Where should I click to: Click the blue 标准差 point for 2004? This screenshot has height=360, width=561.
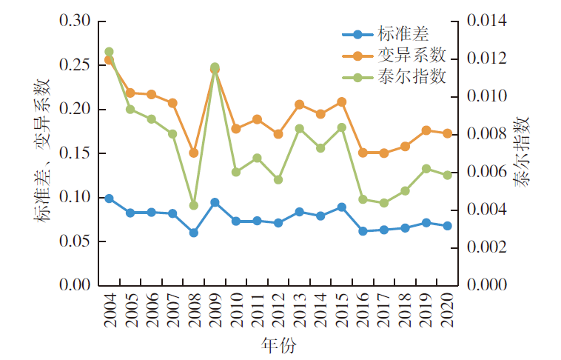point(109,199)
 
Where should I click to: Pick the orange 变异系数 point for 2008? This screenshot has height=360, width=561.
point(194,153)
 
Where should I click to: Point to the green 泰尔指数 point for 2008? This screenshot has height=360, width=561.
point(194,205)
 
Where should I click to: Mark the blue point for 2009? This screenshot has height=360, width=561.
point(215,202)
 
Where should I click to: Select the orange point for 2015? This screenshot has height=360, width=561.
point(342,101)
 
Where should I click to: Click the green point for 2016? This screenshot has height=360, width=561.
point(363,199)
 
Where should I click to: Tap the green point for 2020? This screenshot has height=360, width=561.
point(448,175)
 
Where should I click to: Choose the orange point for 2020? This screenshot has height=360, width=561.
point(448,133)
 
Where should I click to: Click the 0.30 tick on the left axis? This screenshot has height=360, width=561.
point(74,21)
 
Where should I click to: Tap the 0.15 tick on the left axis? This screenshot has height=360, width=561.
point(74,153)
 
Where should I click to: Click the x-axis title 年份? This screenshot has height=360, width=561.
point(279,345)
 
